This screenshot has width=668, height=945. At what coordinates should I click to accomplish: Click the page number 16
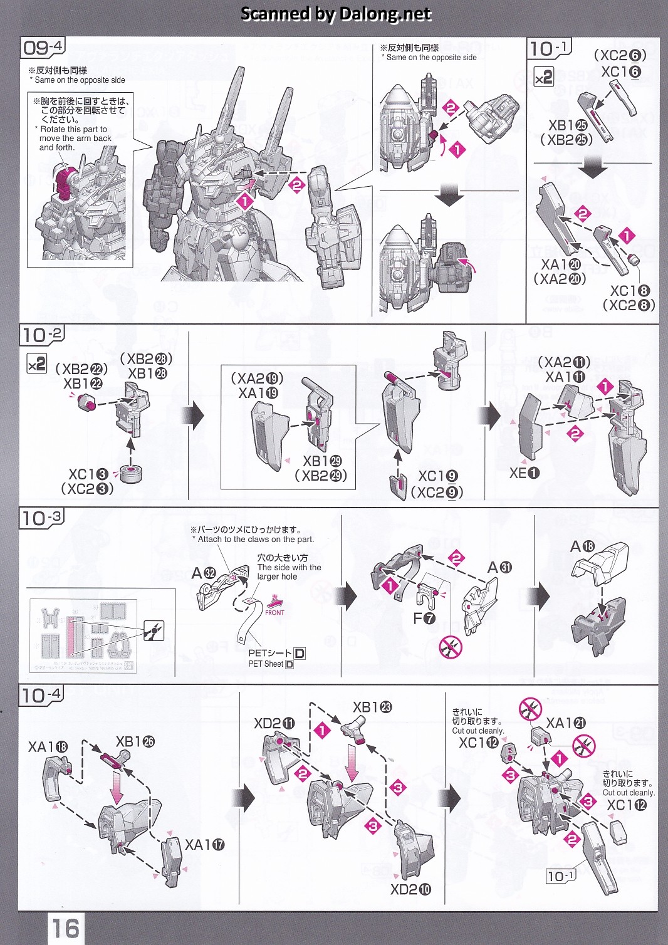(x=66, y=927)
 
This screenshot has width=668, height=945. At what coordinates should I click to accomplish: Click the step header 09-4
(x=43, y=48)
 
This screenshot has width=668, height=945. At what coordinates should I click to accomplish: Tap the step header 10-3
(x=41, y=518)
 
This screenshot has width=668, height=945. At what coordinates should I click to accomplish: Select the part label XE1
(x=524, y=473)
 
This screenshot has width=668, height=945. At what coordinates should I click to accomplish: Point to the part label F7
(x=424, y=618)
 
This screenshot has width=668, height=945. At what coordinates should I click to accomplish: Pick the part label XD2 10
(x=410, y=889)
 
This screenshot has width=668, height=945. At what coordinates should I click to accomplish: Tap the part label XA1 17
(x=204, y=845)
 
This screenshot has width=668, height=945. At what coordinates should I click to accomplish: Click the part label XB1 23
(x=372, y=707)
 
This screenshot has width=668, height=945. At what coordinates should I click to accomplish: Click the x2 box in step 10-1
(x=543, y=77)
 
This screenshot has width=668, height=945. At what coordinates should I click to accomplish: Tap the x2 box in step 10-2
(x=36, y=363)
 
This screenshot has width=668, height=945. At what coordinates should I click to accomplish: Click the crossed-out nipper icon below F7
(x=451, y=646)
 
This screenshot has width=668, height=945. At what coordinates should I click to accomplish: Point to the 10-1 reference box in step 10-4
(x=560, y=875)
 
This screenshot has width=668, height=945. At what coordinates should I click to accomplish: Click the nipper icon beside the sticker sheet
(x=154, y=630)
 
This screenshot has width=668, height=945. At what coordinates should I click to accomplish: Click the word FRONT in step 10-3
(x=274, y=612)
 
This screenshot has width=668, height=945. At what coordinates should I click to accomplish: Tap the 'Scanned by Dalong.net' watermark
(x=336, y=14)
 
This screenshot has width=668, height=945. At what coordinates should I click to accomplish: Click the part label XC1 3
(x=88, y=474)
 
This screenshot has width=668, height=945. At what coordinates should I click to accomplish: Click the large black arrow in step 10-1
(x=592, y=166)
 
